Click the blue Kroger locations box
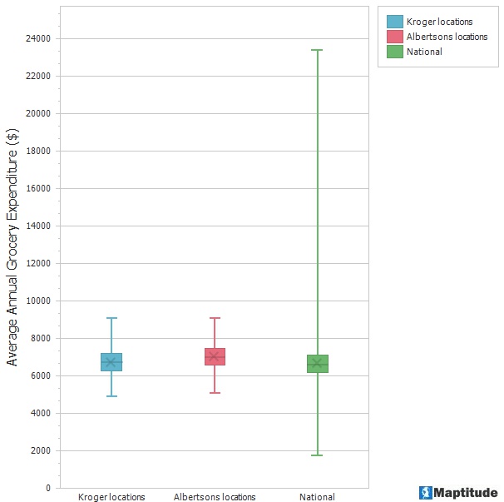pyautogui.click(x=111, y=361)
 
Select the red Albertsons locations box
pyautogui.click(x=215, y=356)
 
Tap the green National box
pyautogui.click(x=318, y=363)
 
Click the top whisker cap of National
pyautogui.click(x=318, y=50)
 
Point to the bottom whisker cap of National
pyautogui.click(x=318, y=455)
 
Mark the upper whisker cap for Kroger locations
pyautogui.click(x=111, y=318)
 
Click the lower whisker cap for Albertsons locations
pyautogui.click(x=215, y=392)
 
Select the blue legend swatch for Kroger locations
pyautogui.click(x=394, y=22)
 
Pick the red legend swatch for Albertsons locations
pyautogui.click(x=394, y=37)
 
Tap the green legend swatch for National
pyautogui.click(x=394, y=52)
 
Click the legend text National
pyautogui.click(x=424, y=52)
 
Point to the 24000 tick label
pyautogui.click(x=37, y=38)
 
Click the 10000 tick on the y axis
pyautogui.click(x=37, y=301)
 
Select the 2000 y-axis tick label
pyautogui.click(x=40, y=450)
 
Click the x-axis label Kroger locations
pyautogui.click(x=111, y=497)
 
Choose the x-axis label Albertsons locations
pyautogui.click(x=215, y=497)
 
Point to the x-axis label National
pyautogui.click(x=318, y=497)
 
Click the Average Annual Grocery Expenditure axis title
pyautogui.click(x=12, y=247)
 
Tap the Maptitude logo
pyautogui.click(x=458, y=493)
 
